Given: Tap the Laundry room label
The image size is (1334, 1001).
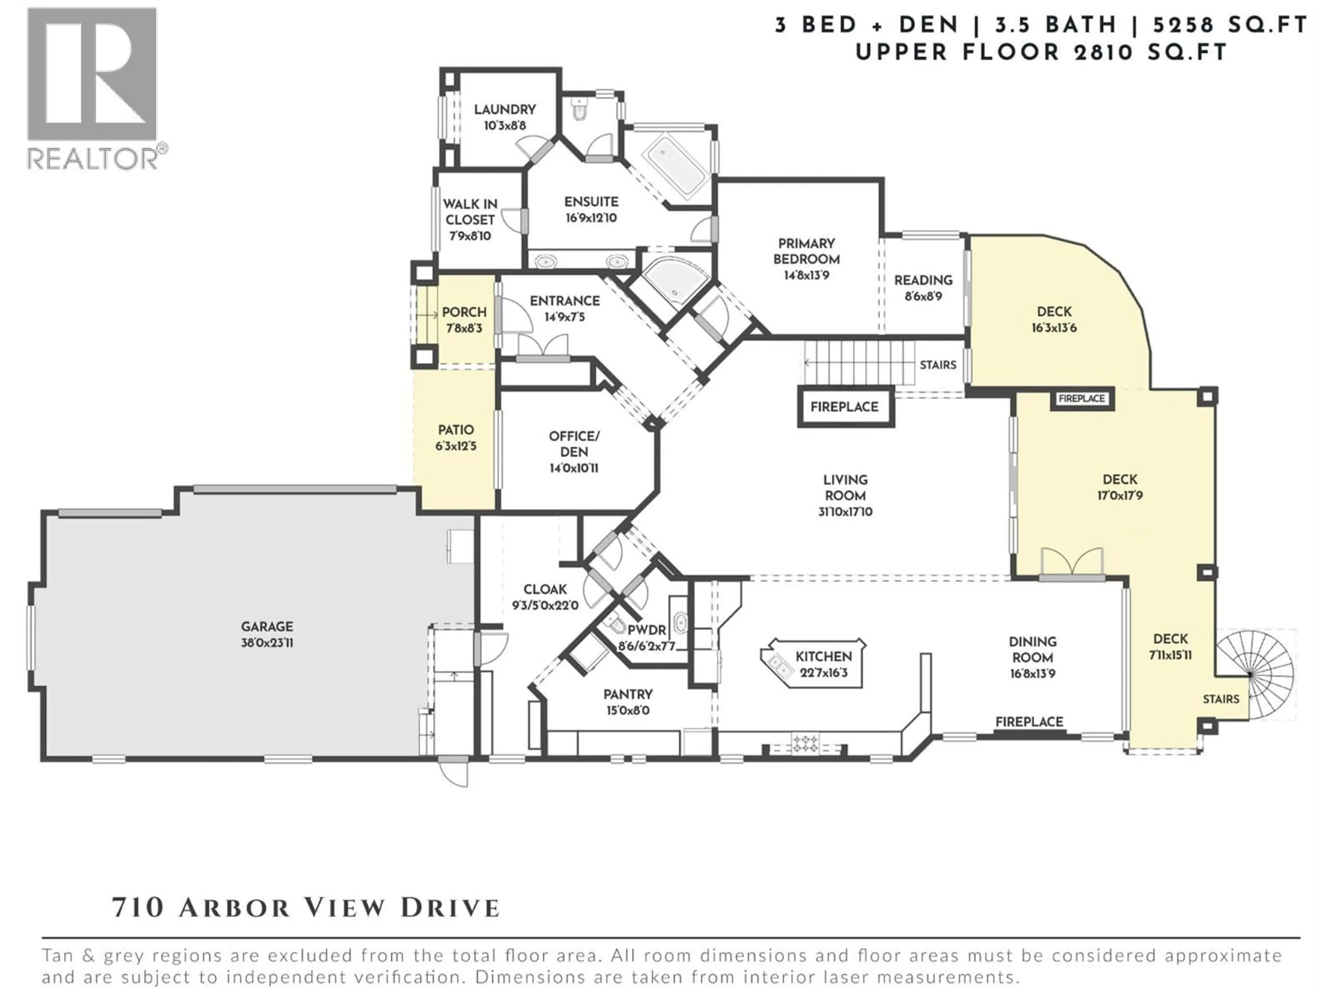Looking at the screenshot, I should coord(505,109).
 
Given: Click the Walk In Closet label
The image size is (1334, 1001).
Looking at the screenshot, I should coord(470,212).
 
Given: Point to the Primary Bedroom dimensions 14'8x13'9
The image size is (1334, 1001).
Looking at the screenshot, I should coord(806,275).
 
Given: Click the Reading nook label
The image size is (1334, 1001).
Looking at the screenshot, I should coord(923,280).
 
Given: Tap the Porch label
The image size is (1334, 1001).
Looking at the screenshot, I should coord(464,312).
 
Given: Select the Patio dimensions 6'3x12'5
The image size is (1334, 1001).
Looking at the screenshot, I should coord(456,447).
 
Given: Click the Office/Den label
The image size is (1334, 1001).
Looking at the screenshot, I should coord(574,443).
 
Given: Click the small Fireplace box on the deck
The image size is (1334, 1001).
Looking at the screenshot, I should coord(1081,398).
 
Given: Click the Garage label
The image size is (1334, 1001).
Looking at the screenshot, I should coord(267,626).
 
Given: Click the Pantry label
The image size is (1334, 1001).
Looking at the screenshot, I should coord(628,694).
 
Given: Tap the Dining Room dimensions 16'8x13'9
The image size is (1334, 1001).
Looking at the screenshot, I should coord(1032,673).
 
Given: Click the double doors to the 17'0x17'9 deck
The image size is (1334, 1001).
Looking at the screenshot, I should coord(1073,562).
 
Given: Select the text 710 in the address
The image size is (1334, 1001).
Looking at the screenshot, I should coord(138,908).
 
